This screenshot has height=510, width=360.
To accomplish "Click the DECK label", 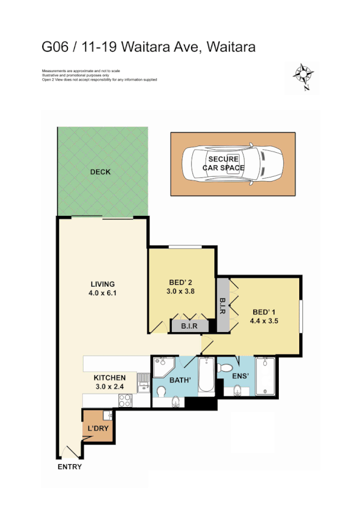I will [100, 172].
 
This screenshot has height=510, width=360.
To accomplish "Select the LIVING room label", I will [102, 284].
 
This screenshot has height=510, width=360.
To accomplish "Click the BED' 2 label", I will [181, 283].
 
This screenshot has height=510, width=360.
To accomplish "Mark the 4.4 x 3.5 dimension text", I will [264, 321].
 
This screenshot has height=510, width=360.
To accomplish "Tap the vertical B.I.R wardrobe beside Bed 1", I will [222, 304].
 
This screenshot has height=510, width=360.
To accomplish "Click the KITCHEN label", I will [109, 378].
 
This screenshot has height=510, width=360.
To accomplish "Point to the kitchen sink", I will [143, 381].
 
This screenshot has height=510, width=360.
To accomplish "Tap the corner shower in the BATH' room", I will [163, 366].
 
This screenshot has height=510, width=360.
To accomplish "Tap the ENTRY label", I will [69, 467].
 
